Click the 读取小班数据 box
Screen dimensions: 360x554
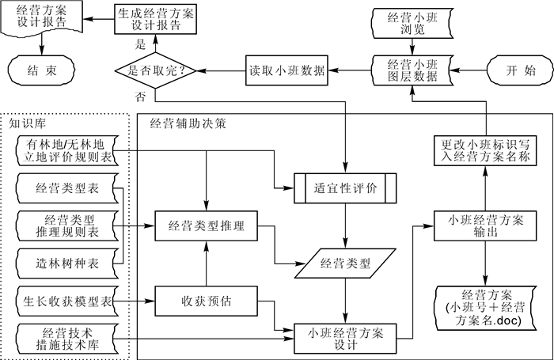(287, 70)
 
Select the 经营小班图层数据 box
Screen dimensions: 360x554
(411, 70)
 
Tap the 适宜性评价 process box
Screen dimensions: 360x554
(345, 190)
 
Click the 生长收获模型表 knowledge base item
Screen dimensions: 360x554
(67, 301)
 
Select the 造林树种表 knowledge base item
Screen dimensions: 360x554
(67, 262)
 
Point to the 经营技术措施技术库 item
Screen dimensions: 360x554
(67, 338)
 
